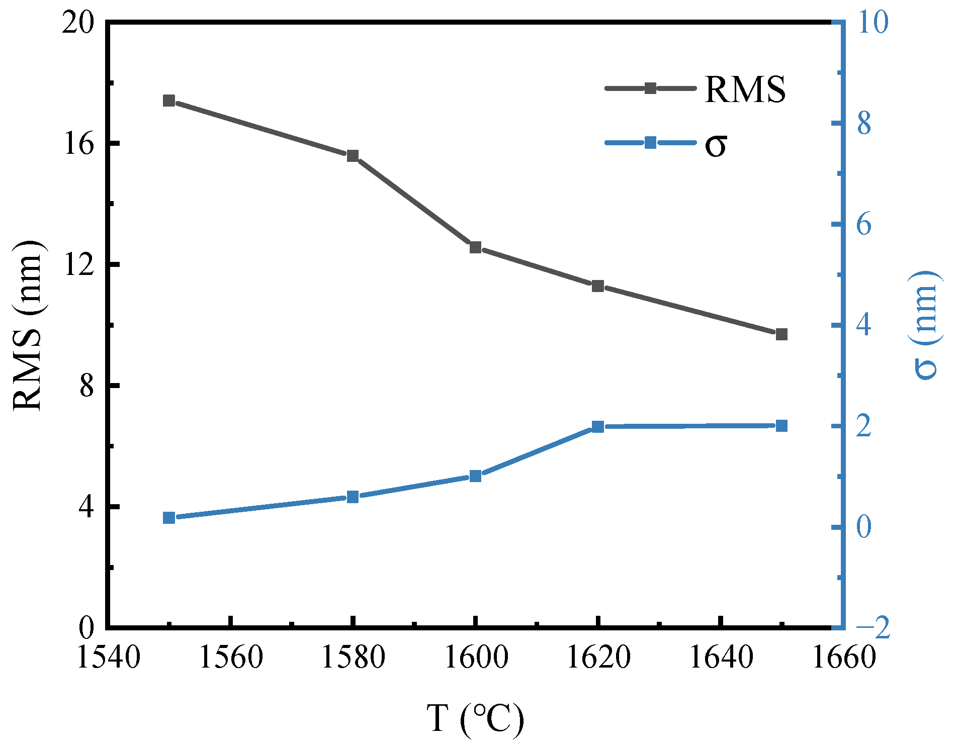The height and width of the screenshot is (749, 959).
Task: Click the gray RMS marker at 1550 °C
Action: coord(169,101)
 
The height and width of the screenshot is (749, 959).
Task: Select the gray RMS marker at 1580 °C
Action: coord(353,156)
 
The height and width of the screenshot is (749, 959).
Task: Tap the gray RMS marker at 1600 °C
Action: coord(475,247)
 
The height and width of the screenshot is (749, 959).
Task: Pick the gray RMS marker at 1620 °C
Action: coord(597,286)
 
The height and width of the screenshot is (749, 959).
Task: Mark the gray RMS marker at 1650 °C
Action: coord(781,334)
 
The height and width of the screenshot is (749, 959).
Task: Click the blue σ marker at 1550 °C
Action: coord(169,518)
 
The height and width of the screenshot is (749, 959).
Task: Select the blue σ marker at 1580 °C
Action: coord(353,497)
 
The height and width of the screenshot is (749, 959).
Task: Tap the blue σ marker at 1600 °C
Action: coord(475,476)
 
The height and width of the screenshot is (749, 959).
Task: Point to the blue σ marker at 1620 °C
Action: coord(597,427)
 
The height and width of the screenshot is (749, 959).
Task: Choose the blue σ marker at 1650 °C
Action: coord(781,426)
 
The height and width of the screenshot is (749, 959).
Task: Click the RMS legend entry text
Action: coord(745,89)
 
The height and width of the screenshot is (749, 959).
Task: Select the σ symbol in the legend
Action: coord(715,145)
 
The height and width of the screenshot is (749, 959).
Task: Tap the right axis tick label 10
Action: coord(874,23)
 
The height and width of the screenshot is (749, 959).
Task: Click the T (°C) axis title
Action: coord(475,719)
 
